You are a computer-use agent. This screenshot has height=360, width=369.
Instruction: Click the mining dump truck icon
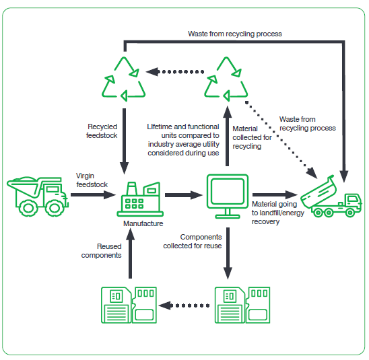pos(38,196)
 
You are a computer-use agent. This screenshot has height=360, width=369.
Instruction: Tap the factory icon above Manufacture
pos(140,199)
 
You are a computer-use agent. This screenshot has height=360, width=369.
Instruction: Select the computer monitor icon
pos(228,196)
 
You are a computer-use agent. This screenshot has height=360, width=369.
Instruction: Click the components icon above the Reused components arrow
pos(129,305)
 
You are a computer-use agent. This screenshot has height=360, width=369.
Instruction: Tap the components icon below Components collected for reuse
pos(242,305)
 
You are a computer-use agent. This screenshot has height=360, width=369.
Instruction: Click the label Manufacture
pos(143,223)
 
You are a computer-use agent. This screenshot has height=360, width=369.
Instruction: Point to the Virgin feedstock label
pos(92,180)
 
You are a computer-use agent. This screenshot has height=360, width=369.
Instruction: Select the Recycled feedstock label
pos(102,131)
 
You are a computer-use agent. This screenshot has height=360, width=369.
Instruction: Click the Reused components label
pos(102,251)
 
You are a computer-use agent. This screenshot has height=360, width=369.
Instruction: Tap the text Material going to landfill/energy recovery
pos(278,213)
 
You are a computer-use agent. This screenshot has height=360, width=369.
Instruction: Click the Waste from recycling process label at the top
pos(235,34)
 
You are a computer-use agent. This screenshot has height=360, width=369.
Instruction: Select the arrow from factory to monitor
pos(184,195)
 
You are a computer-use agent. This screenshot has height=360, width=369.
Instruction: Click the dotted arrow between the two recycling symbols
pos(175,72)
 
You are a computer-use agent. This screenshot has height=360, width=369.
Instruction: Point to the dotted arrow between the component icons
pos(184,305)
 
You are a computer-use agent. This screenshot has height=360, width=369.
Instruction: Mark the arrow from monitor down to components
pos(228,253)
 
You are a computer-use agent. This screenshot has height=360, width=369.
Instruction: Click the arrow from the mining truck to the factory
pos(93,195)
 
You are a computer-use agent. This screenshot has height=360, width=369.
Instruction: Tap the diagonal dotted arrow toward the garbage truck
pos(281,140)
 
